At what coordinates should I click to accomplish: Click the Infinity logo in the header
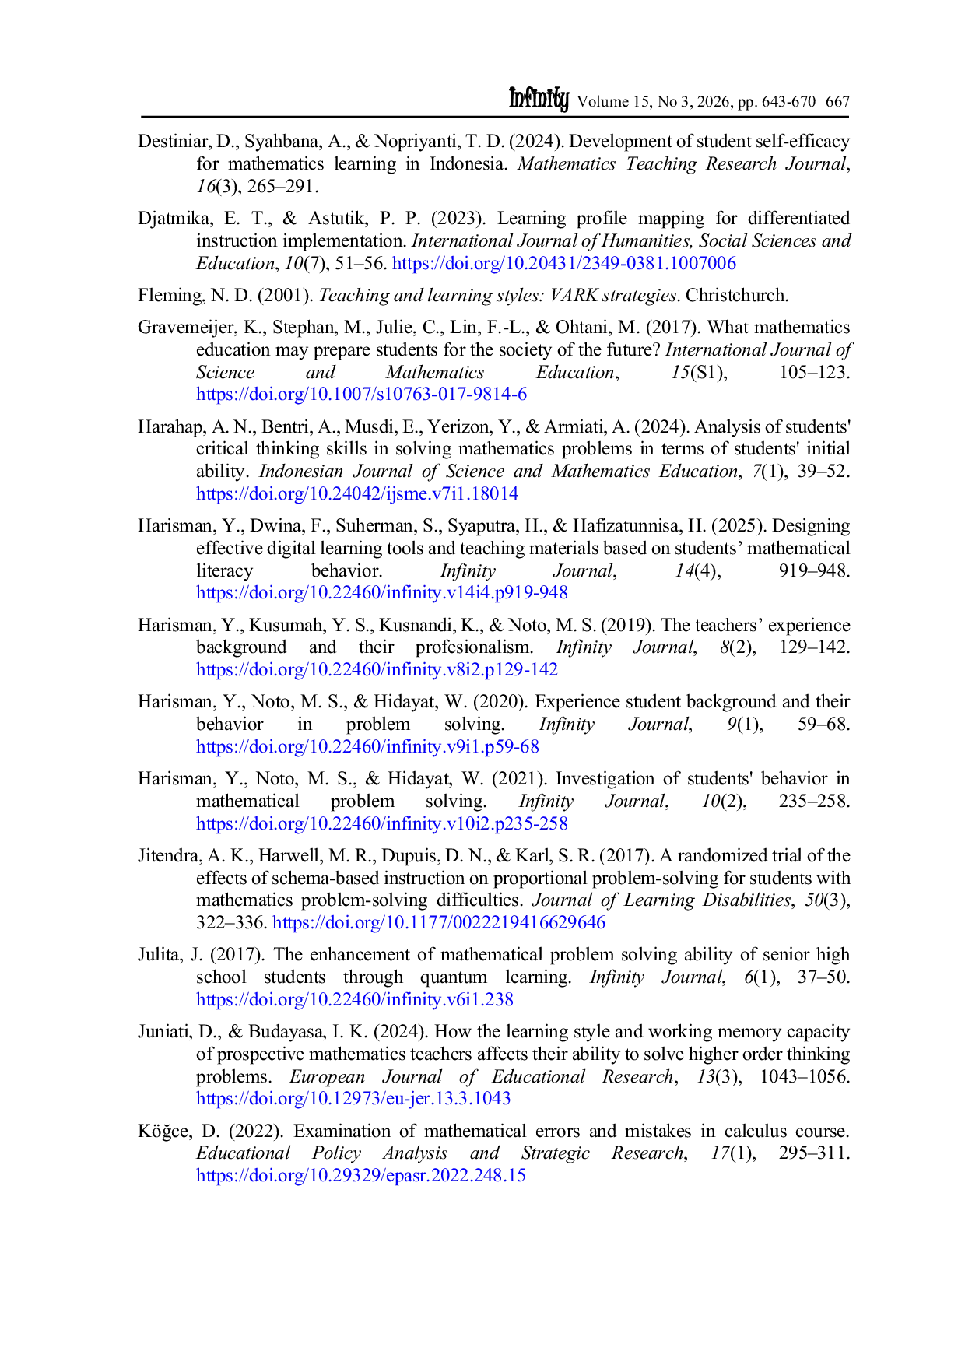(x=539, y=99)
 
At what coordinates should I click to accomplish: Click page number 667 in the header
(x=837, y=101)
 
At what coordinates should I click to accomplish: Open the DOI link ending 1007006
(x=564, y=263)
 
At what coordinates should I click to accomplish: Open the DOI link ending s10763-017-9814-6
(x=361, y=394)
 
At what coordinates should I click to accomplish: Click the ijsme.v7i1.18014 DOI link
(x=357, y=493)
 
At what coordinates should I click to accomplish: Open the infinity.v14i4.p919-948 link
(x=382, y=592)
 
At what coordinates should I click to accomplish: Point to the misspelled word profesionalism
(x=474, y=647)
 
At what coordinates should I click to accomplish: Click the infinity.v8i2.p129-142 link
(x=377, y=669)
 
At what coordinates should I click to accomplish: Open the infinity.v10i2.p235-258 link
(x=382, y=823)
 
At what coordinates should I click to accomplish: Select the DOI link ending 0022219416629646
(x=439, y=922)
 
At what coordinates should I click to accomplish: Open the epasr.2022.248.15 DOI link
(x=361, y=1175)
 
